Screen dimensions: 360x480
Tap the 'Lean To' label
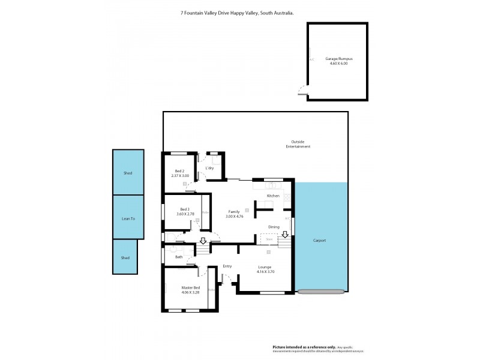(128, 218)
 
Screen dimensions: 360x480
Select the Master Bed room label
(190, 288)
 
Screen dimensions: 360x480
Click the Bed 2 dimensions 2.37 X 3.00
(179, 175)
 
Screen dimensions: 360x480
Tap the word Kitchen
(273, 196)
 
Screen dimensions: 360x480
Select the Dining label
(274, 227)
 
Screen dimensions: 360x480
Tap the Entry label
(227, 266)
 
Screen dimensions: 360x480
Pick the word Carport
(320, 240)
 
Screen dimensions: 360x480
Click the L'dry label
(209, 168)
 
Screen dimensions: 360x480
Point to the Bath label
(179, 257)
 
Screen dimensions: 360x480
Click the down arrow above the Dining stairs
(286, 235)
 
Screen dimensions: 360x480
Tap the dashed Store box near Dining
(269, 239)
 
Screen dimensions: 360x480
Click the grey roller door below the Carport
(321, 292)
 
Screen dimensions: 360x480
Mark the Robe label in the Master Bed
(211, 290)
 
